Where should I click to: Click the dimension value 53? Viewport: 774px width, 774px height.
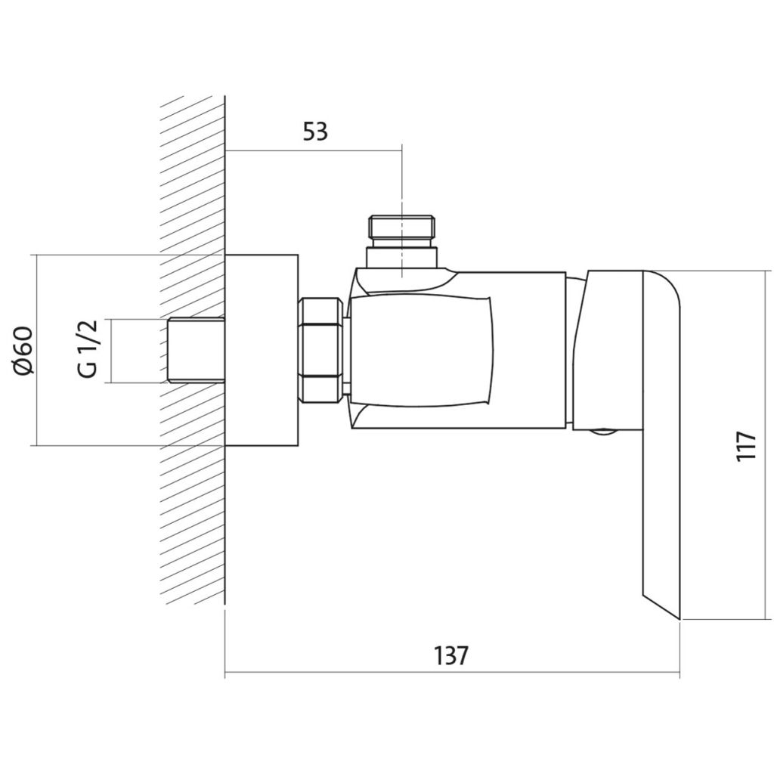pyautogui.click(x=315, y=132)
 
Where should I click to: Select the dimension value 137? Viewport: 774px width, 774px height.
pyautogui.click(x=451, y=655)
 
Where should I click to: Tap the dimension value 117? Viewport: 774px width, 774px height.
pyautogui.click(x=746, y=446)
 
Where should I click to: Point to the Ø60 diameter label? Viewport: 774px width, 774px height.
pyautogui.click(x=24, y=351)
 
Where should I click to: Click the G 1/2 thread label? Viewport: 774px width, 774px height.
pyautogui.click(x=88, y=348)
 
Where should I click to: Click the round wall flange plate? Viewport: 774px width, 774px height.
pyautogui.click(x=262, y=351)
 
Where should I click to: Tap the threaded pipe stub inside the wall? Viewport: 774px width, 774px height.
pyautogui.click(x=197, y=351)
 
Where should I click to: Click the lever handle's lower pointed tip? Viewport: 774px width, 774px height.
pyautogui.click(x=680, y=619)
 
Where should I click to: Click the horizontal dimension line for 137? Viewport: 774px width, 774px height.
pyautogui.click(x=452, y=672)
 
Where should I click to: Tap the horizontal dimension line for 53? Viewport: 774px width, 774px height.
pyautogui.click(x=314, y=150)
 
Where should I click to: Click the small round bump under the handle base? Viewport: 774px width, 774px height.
pyautogui.click(x=602, y=432)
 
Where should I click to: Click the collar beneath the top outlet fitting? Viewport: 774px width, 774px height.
pyautogui.click(x=402, y=258)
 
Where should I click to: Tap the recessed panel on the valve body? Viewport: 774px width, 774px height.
pyautogui.click(x=420, y=351)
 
